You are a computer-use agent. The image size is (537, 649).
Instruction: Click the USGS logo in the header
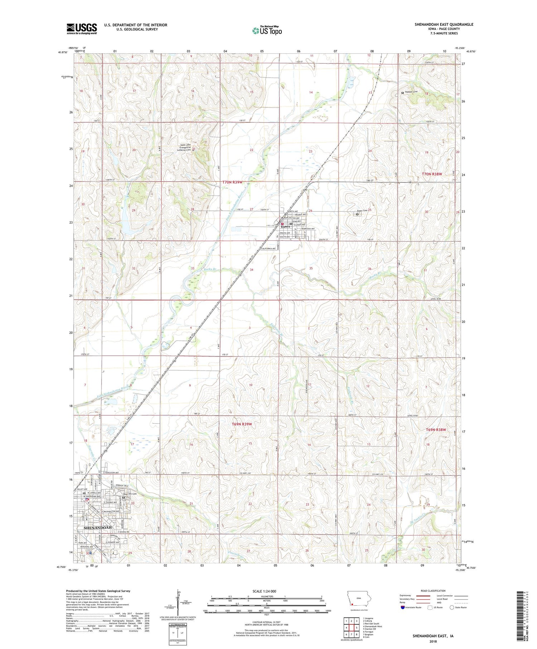point(82,29)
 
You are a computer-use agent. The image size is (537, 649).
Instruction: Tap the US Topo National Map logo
point(267,30)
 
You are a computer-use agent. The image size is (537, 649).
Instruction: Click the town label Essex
point(285,227)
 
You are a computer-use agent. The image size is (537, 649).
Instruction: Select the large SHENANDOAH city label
point(98,528)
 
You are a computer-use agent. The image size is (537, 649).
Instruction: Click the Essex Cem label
point(361,210)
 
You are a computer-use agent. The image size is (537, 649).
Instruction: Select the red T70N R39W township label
point(233,182)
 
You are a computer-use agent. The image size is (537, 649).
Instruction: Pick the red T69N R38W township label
point(436,430)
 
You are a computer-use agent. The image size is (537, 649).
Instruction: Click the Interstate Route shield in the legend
point(403,607)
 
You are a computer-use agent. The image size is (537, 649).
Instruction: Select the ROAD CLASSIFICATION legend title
point(433,591)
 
